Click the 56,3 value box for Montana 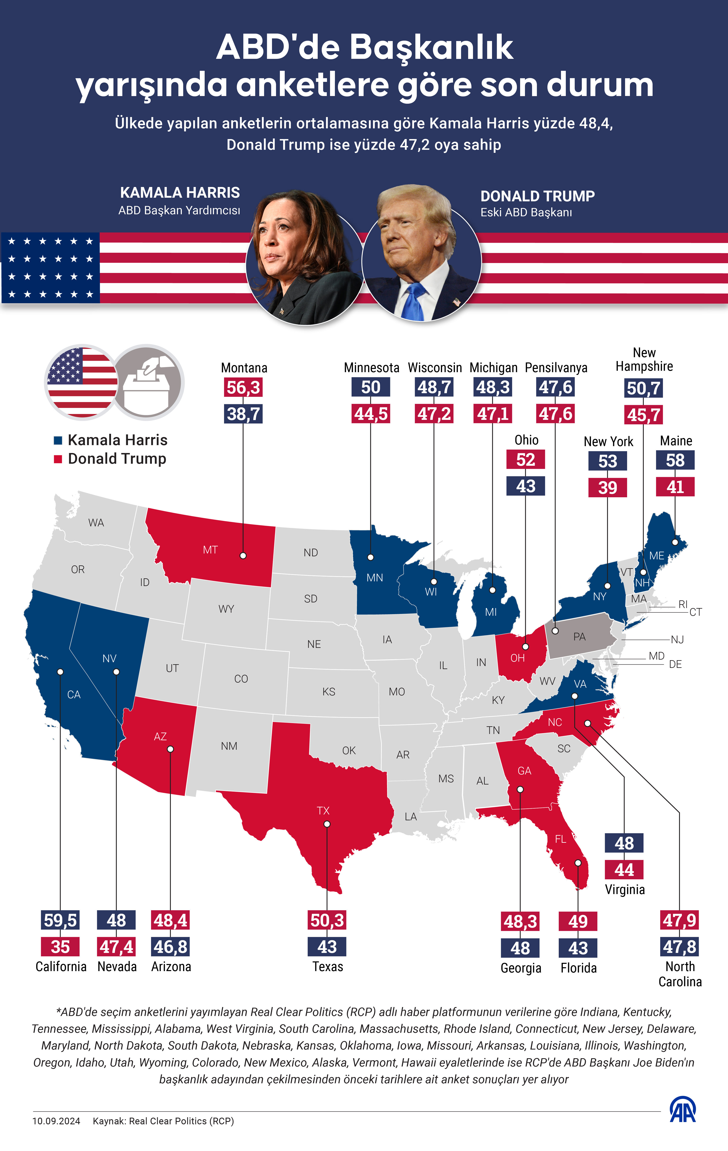pyautogui.click(x=243, y=387)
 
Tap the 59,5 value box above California pyautogui.click(x=60, y=920)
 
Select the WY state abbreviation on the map pyautogui.click(x=226, y=609)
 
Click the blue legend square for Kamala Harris pyautogui.click(x=58, y=440)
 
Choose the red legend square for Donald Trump pyautogui.click(x=58, y=459)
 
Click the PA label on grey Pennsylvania pyautogui.click(x=579, y=637)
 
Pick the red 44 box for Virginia pyautogui.click(x=624, y=869)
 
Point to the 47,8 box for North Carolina pyautogui.click(x=680, y=947)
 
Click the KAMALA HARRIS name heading pyautogui.click(x=180, y=193)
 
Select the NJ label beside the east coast pyautogui.click(x=677, y=640)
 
